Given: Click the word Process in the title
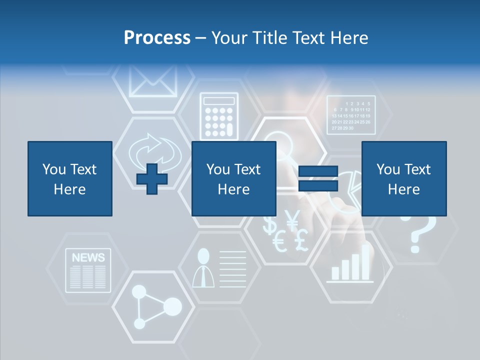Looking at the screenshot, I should pyautogui.click(x=157, y=37).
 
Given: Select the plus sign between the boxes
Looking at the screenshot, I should pyautogui.click(x=152, y=179).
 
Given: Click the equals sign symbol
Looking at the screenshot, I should pyautogui.click(x=318, y=179).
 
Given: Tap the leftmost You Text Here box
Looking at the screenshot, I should pyautogui.click(x=69, y=178).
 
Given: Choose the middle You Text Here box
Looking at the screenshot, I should pyautogui.click(x=233, y=178).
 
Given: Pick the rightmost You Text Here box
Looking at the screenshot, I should pyautogui.click(x=403, y=178).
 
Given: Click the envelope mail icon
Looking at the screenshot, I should pyautogui.click(x=153, y=80).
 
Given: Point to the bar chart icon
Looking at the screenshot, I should pyautogui.click(x=351, y=265).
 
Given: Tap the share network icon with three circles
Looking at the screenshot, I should pyautogui.click(x=155, y=306).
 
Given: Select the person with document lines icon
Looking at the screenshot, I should pyautogui.click(x=219, y=268).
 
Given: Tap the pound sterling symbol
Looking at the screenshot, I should pyautogui.click(x=301, y=240).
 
